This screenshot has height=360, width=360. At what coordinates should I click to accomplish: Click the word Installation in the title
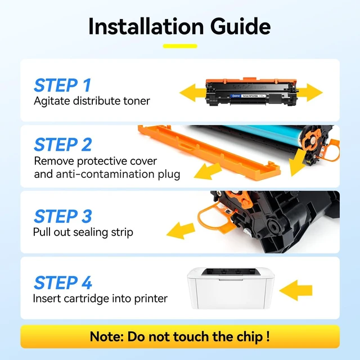(x=146, y=26)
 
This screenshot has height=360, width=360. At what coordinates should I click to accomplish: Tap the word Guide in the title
(x=240, y=26)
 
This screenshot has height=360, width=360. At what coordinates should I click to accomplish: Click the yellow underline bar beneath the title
(x=180, y=46)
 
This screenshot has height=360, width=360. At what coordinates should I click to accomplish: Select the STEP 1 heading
(x=62, y=85)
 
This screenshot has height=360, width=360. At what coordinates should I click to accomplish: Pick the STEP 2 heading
(x=63, y=145)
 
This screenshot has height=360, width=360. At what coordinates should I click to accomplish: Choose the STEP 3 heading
(x=63, y=216)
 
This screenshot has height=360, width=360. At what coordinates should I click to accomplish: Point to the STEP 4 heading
(x=63, y=282)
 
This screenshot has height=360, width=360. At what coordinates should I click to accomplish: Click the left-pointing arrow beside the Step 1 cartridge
(x=192, y=92)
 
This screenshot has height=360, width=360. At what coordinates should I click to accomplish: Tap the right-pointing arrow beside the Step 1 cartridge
(x=310, y=92)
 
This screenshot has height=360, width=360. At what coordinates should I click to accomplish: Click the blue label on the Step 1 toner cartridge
(x=236, y=96)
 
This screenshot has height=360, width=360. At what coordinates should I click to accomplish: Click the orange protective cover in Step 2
(x=209, y=152)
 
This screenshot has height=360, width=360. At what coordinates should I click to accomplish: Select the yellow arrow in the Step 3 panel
(x=181, y=230)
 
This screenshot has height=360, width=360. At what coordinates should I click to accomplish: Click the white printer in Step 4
(x=231, y=288)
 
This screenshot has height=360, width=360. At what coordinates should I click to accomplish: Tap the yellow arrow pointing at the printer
(x=296, y=290)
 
